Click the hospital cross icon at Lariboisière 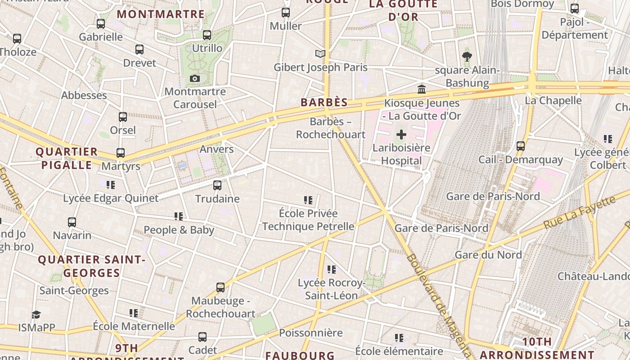[x=401, y=135]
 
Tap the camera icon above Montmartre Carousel [x=195, y=79]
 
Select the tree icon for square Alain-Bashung [x=467, y=57]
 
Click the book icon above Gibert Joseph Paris [x=320, y=54]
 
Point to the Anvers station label [x=217, y=149]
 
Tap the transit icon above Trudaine [x=217, y=185]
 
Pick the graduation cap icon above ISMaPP [x=36, y=315]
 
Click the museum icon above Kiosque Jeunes [x=422, y=90]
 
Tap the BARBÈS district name [x=324, y=103]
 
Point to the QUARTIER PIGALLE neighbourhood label [x=67, y=158]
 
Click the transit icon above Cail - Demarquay [x=521, y=146]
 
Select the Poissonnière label [x=311, y=333]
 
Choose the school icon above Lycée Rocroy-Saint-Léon [x=332, y=270]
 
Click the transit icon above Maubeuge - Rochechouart [x=220, y=288]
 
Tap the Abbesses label [x=84, y=95]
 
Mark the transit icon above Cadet [x=202, y=337]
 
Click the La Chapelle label [x=553, y=100]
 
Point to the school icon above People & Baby [x=179, y=216]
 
